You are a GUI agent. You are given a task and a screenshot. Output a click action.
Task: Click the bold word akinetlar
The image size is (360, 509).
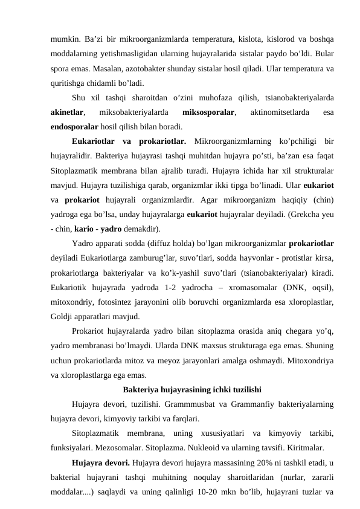[67, 112]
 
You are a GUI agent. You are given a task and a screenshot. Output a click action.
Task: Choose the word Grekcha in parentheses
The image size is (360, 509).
[299, 215]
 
